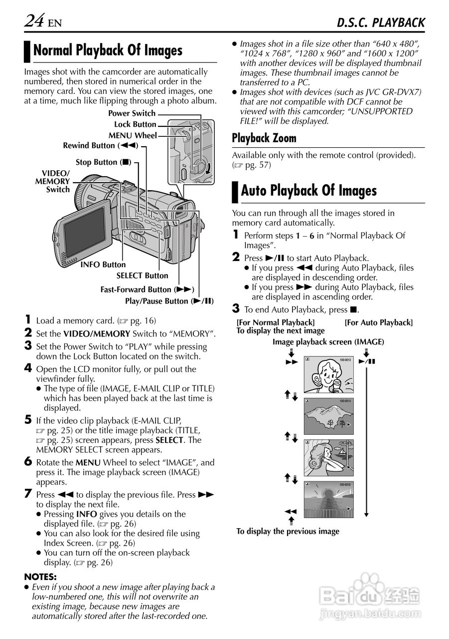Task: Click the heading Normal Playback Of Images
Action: tap(108, 50)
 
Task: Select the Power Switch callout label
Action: tap(132, 113)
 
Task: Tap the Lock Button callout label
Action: tap(135, 124)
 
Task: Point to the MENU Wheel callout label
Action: tap(133, 135)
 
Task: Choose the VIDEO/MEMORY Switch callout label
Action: tap(52, 181)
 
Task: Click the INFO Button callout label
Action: tap(103, 265)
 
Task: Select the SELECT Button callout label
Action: tap(143, 276)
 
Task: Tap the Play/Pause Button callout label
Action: tap(169, 301)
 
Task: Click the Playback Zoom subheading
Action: tap(264, 138)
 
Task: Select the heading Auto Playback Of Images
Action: tap(308, 191)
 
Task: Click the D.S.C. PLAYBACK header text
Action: tap(381, 22)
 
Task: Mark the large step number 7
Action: tap(28, 494)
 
